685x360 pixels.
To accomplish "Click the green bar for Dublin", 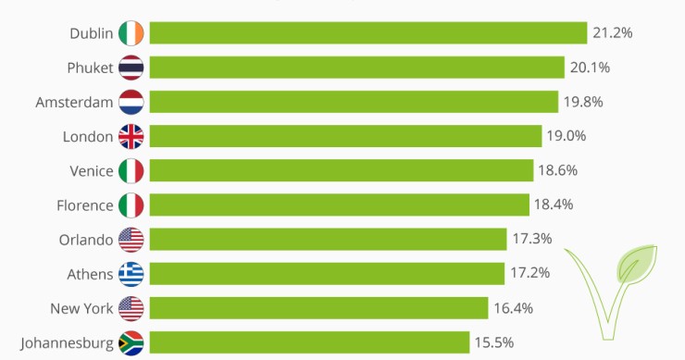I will (x=368, y=33).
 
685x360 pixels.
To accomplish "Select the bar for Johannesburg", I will (x=309, y=342).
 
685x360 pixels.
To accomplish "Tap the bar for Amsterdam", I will (x=354, y=102).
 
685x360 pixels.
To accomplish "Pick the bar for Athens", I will (x=327, y=273).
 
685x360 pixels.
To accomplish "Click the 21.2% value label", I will (x=613, y=33).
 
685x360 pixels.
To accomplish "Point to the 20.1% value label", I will (x=590, y=68).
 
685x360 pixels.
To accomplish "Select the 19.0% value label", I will (x=567, y=136).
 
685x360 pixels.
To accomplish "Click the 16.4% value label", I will (x=513, y=307).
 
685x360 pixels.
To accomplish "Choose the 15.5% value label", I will (x=494, y=342).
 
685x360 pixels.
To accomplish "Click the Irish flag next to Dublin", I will (x=131, y=33).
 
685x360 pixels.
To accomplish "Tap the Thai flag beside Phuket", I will (x=131, y=68).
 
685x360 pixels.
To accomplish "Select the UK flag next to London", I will (x=131, y=136).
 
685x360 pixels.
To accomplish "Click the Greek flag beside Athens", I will (x=131, y=273).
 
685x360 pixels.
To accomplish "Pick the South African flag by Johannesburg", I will (x=131, y=342).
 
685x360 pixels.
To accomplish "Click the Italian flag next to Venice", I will (x=131, y=170).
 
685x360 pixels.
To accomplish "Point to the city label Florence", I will (x=84, y=205).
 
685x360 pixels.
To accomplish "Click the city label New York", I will (x=82, y=307).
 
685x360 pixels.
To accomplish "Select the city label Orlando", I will (x=85, y=239).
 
